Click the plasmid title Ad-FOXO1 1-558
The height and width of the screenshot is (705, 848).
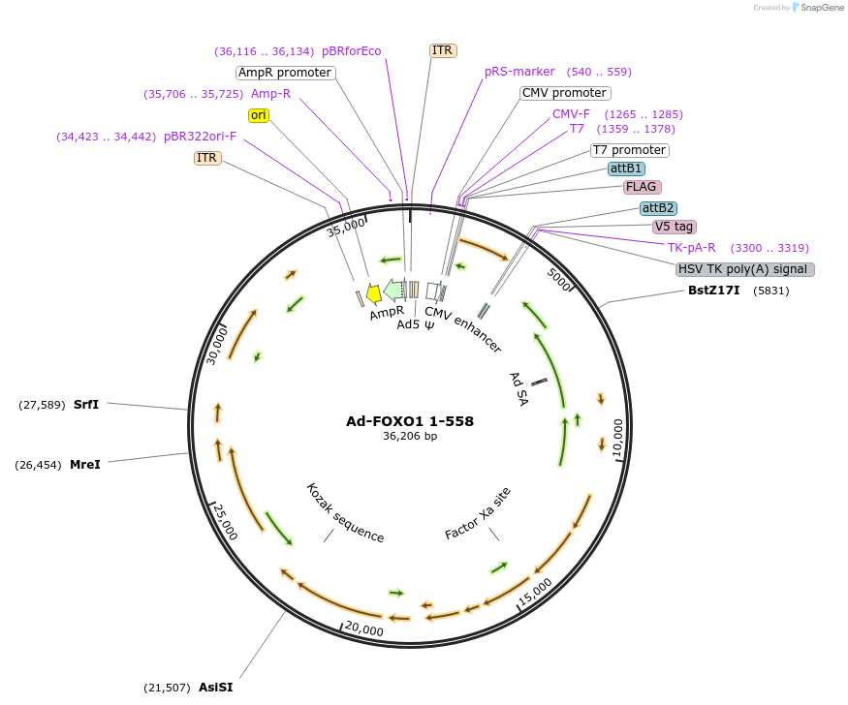410,421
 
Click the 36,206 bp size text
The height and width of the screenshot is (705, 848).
410,437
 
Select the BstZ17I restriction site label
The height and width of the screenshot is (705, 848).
713,290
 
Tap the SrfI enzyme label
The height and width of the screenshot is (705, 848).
86,404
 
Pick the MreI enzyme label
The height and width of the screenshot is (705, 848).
84,465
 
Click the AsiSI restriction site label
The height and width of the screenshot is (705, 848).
215,688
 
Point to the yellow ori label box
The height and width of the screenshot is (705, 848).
258,115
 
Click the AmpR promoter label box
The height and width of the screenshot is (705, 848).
285,73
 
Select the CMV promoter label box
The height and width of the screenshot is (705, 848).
564,93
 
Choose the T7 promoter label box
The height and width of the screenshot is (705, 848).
629,150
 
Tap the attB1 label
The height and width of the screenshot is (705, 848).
626,169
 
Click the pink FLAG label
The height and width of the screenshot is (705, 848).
643,187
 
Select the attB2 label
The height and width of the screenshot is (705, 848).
658,208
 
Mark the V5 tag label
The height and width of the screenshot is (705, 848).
674,227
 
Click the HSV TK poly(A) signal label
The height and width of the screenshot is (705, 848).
745,269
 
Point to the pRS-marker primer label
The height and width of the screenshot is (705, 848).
519,72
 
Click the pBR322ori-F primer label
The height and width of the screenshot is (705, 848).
200,137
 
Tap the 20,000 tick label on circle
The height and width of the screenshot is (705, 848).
364,629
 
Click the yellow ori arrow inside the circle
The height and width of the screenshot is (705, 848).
373,294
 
